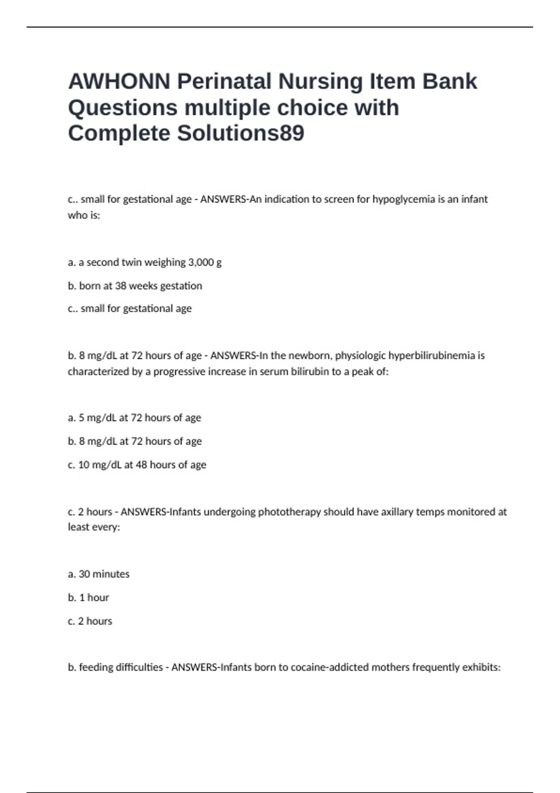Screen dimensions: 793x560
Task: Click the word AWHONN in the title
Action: click(119, 82)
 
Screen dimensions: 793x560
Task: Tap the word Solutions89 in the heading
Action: click(240, 133)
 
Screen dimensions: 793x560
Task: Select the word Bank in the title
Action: click(450, 82)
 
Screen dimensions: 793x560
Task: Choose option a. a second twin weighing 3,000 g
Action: click(145, 262)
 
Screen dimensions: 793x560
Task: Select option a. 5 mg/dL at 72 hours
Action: click(134, 417)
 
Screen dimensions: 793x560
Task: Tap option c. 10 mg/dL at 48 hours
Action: click(137, 465)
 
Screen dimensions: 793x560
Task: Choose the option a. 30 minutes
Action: click(98, 574)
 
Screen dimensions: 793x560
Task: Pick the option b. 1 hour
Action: click(88, 598)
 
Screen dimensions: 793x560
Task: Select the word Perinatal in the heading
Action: click(224, 82)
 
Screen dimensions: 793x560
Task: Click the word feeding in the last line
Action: click(96, 668)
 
